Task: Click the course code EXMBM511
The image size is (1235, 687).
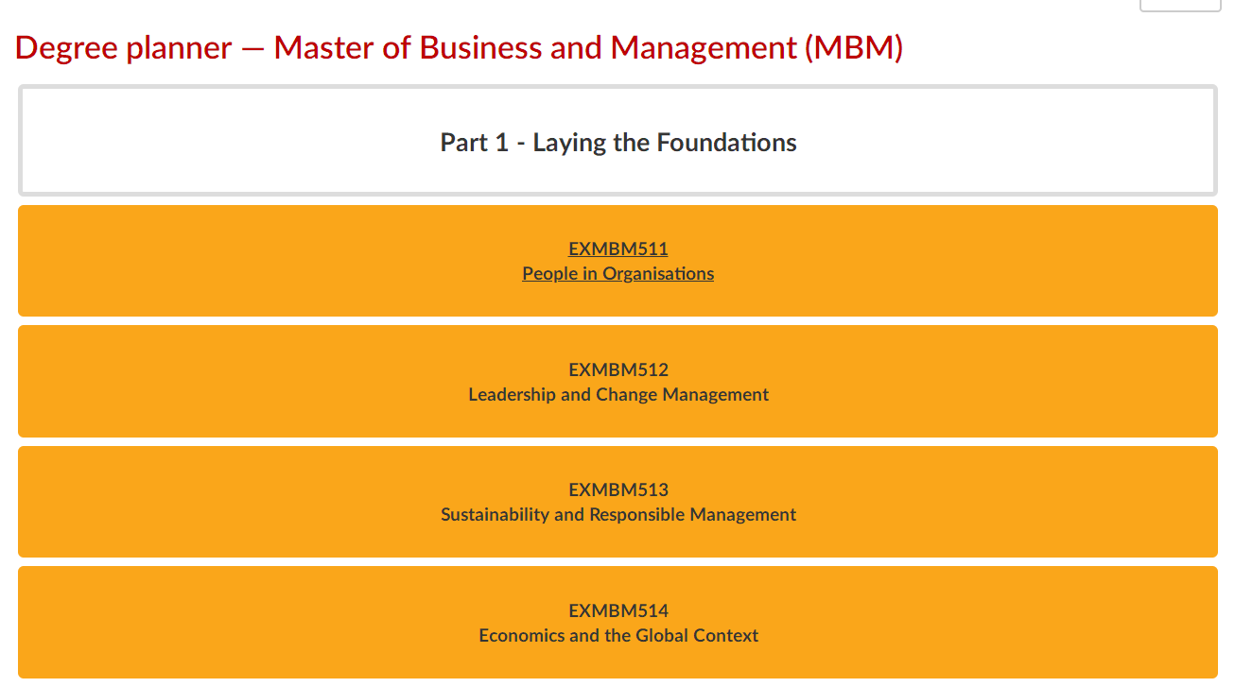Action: pos(618,249)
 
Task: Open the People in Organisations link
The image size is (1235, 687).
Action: pos(618,274)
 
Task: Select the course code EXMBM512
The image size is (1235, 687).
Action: pos(618,369)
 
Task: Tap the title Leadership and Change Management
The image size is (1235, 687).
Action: pos(618,395)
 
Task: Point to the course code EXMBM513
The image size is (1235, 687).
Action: pos(618,489)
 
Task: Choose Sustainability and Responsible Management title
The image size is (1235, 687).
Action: pos(618,515)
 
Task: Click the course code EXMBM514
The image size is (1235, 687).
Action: pos(618,611)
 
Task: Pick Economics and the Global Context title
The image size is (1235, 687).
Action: pos(618,636)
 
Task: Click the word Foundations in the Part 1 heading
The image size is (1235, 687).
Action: pos(726,143)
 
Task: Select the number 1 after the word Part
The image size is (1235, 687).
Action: pos(502,143)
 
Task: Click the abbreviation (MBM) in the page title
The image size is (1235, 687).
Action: pos(854,48)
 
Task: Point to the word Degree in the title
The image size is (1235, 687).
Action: pos(66,49)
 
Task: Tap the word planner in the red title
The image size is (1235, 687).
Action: pos(179,49)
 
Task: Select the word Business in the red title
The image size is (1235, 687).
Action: pos(480,48)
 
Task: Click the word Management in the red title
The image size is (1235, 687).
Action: pos(704,49)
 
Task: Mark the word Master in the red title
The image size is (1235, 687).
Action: pos(323,48)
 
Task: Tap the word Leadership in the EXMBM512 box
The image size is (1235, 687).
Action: pos(513,395)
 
